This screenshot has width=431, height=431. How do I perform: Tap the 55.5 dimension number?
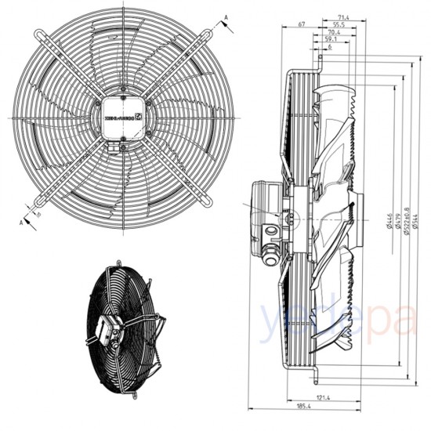pyautogui.click(x=337, y=26)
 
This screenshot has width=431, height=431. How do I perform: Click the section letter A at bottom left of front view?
pyautogui.click(x=20, y=222)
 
